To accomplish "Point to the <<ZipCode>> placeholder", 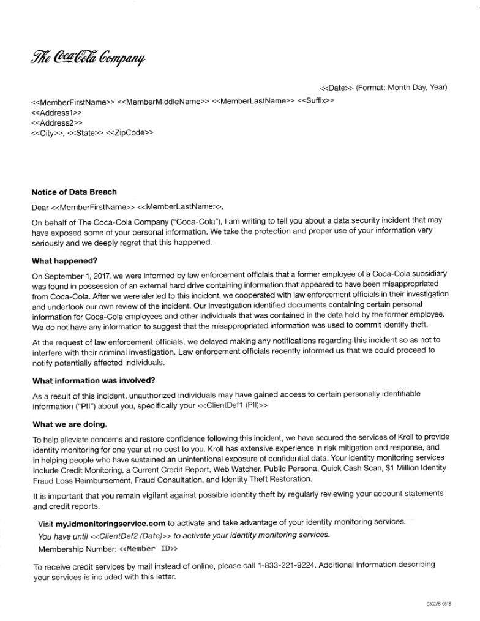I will pos(130,132).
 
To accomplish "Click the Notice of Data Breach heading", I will pos(73,192).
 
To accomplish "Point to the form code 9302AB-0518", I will pos(438,604).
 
